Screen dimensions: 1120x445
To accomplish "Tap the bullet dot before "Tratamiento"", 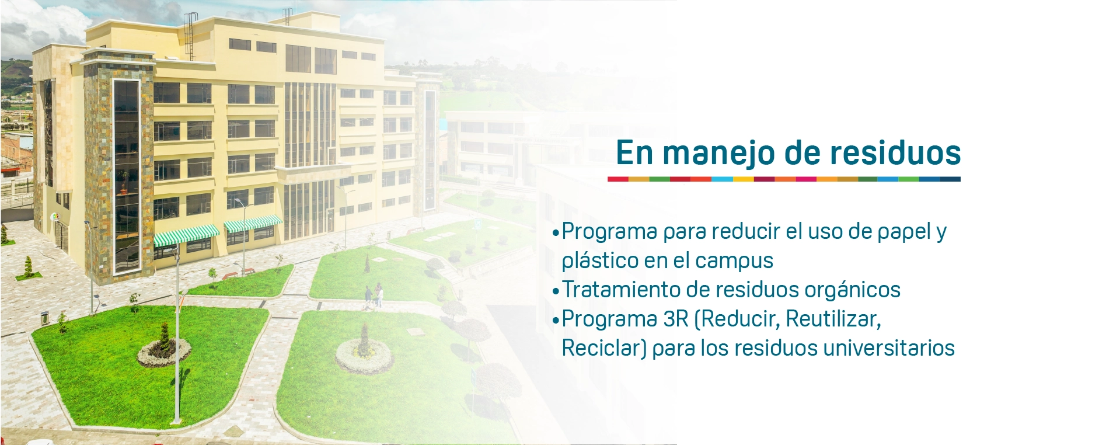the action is pos(556,290).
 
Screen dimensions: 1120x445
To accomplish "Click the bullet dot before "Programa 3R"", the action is pos(556,319).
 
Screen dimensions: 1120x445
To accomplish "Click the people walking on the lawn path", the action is pos(374,295).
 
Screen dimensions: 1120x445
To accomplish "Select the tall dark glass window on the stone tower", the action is pos(126,176).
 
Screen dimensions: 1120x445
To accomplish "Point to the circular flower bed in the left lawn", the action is pos(164,352).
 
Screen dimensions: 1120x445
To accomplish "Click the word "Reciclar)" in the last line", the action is pos(604,349).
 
